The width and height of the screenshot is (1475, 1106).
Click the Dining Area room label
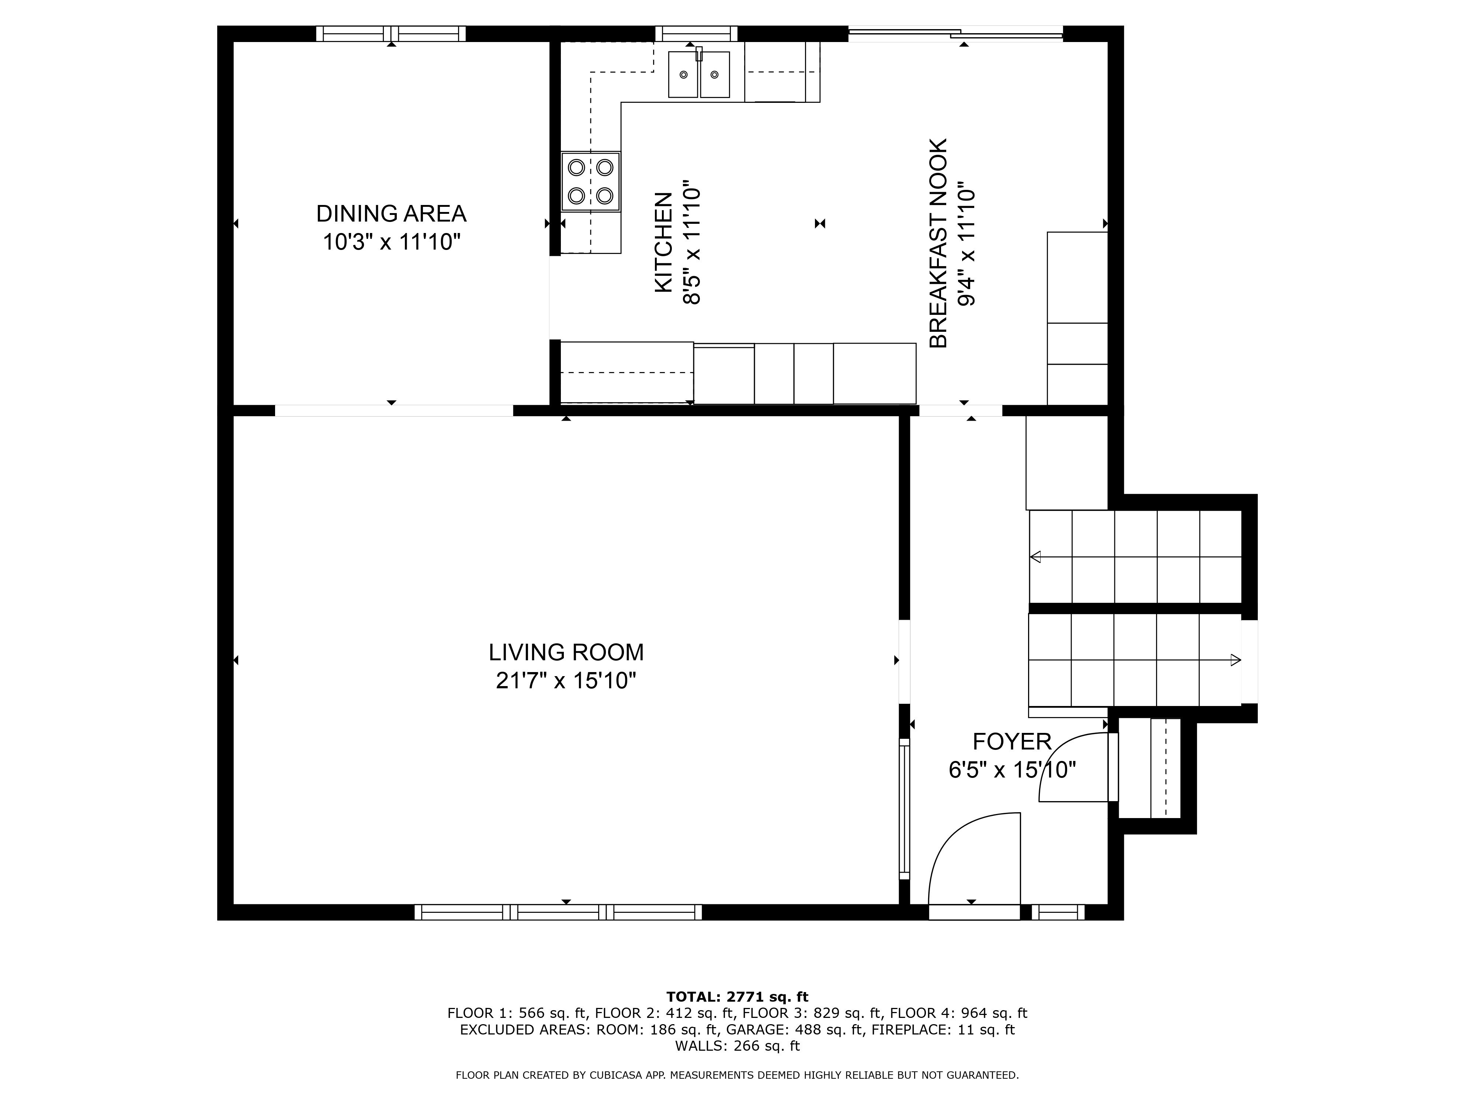click(x=391, y=214)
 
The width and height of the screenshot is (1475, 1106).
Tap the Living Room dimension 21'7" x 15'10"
click(x=566, y=681)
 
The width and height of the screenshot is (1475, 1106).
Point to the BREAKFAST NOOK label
click(x=938, y=243)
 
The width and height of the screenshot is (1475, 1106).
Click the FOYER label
click(x=1011, y=741)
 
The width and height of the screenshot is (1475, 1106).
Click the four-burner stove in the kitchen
click(x=591, y=182)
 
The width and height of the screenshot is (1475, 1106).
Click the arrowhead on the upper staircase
click(x=1035, y=557)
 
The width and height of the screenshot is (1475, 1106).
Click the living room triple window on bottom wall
click(x=558, y=912)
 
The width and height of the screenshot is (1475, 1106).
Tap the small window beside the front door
click(x=1058, y=912)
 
